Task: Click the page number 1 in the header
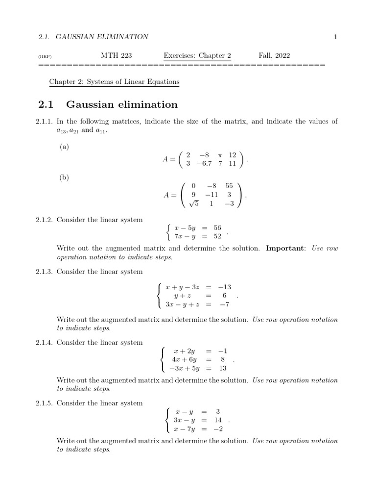336,37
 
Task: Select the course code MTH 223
116,55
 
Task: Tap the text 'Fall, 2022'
274,55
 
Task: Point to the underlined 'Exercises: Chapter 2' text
197,55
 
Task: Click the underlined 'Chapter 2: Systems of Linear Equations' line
115,82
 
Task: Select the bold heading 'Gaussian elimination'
122,104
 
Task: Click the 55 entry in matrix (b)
229,186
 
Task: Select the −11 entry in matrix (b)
211,195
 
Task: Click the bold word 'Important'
285,248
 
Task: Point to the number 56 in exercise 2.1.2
217,228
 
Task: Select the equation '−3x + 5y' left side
185,369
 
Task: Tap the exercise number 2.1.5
45,403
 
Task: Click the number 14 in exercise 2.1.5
217,420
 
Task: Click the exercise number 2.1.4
45,342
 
